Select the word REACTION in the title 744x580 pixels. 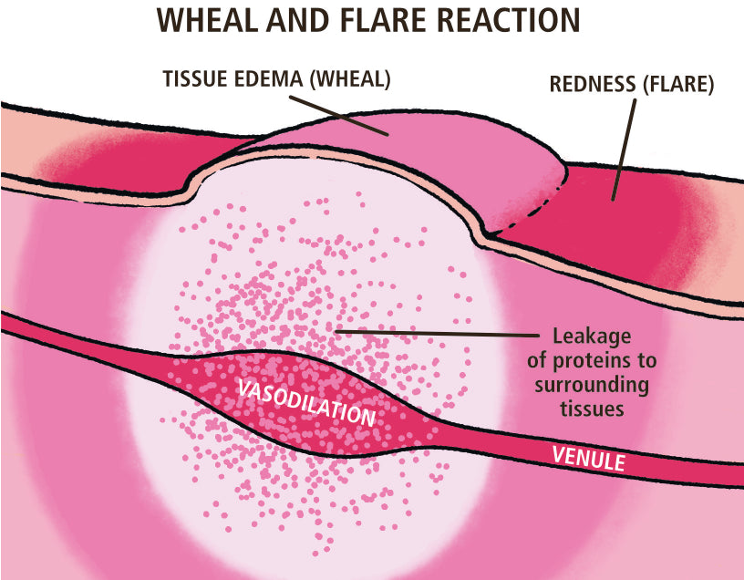click(x=492, y=21)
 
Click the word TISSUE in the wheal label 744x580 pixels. click(x=196, y=79)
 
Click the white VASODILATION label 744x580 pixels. click(x=306, y=401)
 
